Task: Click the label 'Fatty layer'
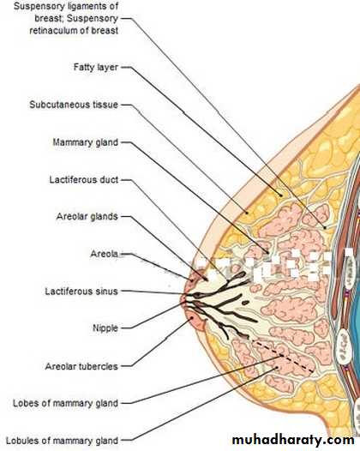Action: click(96, 67)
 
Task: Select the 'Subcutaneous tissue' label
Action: click(74, 105)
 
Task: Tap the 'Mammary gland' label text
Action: click(86, 142)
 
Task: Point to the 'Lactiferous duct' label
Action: click(84, 180)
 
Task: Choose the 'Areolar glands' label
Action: click(87, 216)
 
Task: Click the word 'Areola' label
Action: click(104, 254)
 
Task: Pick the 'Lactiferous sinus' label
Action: click(81, 292)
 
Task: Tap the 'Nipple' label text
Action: click(105, 328)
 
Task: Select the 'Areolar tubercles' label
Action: click(81, 366)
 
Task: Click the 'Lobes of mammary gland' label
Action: click(65, 403)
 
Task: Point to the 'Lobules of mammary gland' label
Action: click(62, 441)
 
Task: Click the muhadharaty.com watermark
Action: click(293, 440)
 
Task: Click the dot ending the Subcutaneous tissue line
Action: click(246, 213)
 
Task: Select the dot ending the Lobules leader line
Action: click(277, 368)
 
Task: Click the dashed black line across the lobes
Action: click(283, 356)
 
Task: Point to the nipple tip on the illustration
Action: click(182, 299)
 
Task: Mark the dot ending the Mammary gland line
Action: click(268, 253)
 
